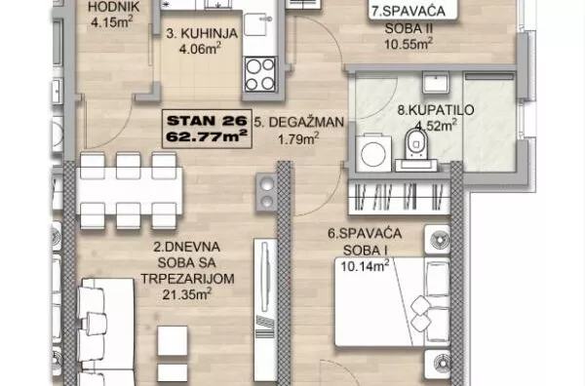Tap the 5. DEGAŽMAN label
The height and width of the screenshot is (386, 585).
297,123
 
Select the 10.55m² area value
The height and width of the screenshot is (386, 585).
408,42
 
